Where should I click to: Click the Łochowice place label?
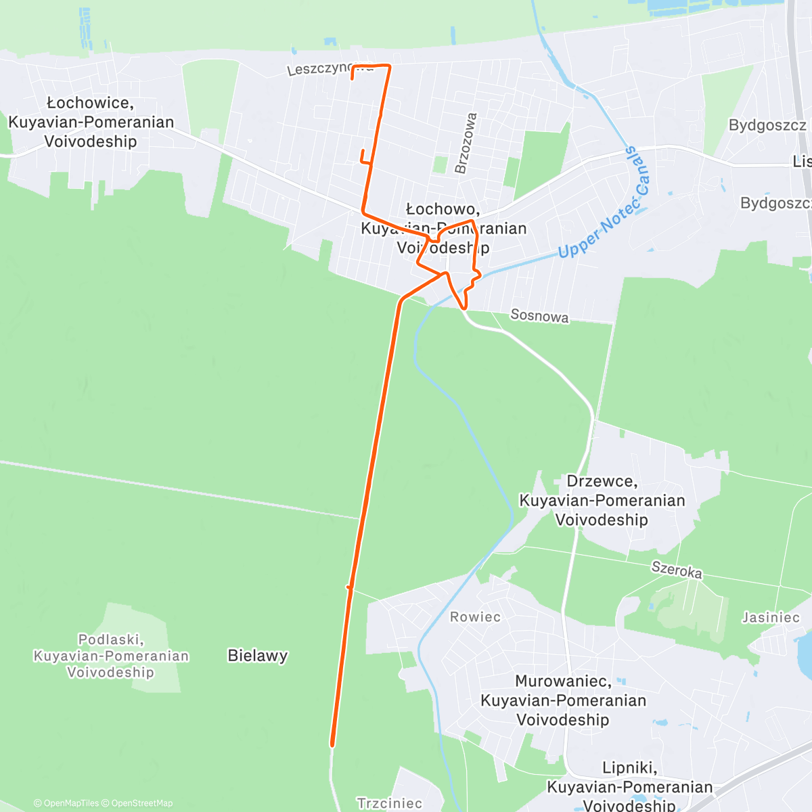[x=91, y=122]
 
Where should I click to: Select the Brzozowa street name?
[x=466, y=143]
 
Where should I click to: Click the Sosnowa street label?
[x=539, y=315]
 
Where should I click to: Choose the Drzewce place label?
[x=602, y=500]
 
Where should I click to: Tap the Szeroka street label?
[x=677, y=570]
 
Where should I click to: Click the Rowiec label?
[x=475, y=617]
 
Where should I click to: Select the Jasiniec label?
[x=771, y=617]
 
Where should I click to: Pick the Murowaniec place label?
[x=563, y=700]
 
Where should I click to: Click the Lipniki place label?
[x=629, y=786]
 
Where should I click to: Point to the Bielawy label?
[x=258, y=655]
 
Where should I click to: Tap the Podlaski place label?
[x=111, y=655]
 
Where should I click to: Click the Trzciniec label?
[x=390, y=803]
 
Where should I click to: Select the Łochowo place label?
[x=443, y=228]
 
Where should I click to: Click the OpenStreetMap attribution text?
[x=142, y=803]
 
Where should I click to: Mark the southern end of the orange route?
[x=332, y=745]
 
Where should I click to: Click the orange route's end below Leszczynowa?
[x=353, y=78]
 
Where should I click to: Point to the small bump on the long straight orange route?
[x=349, y=587]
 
